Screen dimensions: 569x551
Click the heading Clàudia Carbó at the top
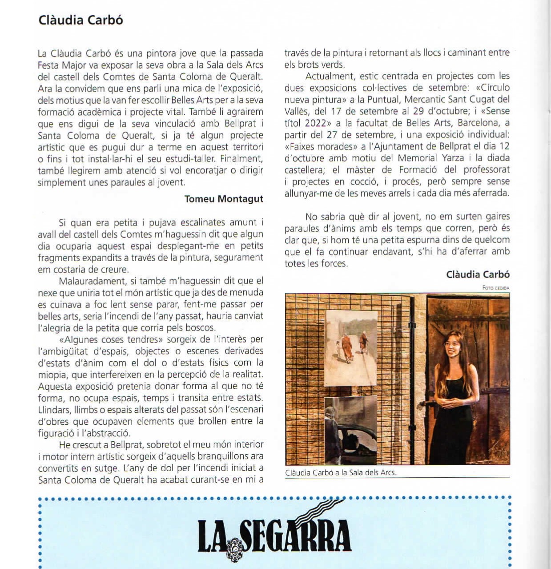(x=80, y=20)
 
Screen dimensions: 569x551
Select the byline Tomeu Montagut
(x=224, y=199)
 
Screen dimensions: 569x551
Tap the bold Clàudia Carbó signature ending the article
(x=478, y=274)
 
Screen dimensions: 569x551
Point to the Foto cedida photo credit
(x=495, y=288)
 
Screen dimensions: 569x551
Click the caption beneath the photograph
(x=341, y=472)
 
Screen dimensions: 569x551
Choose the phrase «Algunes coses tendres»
(x=111, y=339)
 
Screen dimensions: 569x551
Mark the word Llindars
(x=54, y=409)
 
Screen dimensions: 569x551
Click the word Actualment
(x=330, y=76)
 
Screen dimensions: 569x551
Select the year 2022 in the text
(x=315, y=123)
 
